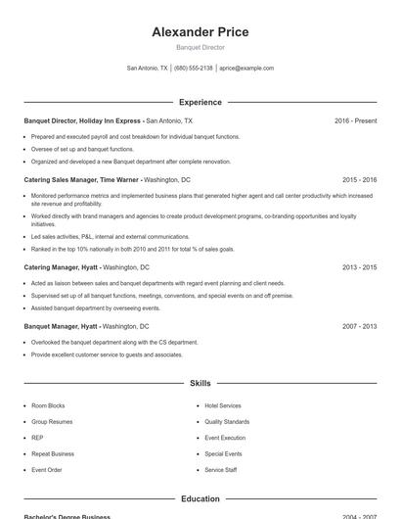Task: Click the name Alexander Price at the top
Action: point(200,32)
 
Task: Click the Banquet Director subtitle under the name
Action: point(200,47)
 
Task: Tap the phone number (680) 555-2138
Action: point(193,69)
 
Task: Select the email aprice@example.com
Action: point(246,69)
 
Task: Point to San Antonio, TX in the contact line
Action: point(148,69)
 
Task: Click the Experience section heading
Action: point(200,102)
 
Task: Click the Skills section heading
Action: point(200,384)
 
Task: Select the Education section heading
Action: point(200,498)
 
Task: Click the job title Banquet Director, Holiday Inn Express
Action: point(84,120)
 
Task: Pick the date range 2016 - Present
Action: point(355,120)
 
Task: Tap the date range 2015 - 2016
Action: point(359,180)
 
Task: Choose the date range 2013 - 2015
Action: point(359,266)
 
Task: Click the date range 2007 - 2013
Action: point(359,326)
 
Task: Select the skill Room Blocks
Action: point(48,405)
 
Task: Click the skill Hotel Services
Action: point(223,405)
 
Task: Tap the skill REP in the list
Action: point(37,438)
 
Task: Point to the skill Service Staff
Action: point(221,470)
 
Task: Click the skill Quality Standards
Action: point(227,421)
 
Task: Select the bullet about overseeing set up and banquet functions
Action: point(82,149)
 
